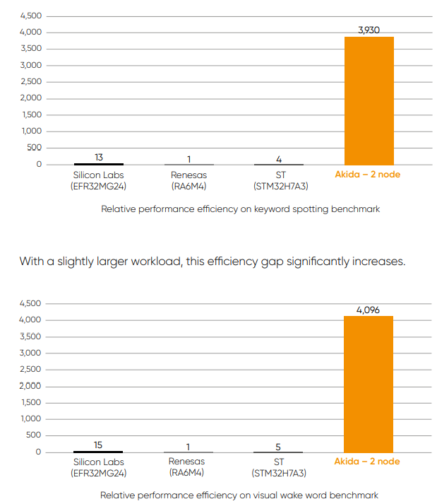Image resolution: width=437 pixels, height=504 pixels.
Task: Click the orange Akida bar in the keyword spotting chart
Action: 369,100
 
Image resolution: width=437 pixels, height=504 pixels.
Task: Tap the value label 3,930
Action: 369,30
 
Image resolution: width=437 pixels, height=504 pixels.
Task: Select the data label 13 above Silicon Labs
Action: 99,157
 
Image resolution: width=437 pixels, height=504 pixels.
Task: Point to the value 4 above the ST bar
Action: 280,159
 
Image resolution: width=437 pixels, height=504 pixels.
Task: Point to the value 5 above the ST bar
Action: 279,447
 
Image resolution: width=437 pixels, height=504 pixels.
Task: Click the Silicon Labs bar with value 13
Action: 99,163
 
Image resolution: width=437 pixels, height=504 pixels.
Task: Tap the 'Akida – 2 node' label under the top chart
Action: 367,174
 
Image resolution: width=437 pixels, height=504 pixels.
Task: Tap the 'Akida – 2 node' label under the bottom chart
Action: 367,462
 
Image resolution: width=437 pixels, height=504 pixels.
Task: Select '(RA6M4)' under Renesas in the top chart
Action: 188,186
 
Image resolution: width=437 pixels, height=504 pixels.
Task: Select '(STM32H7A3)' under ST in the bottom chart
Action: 279,474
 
